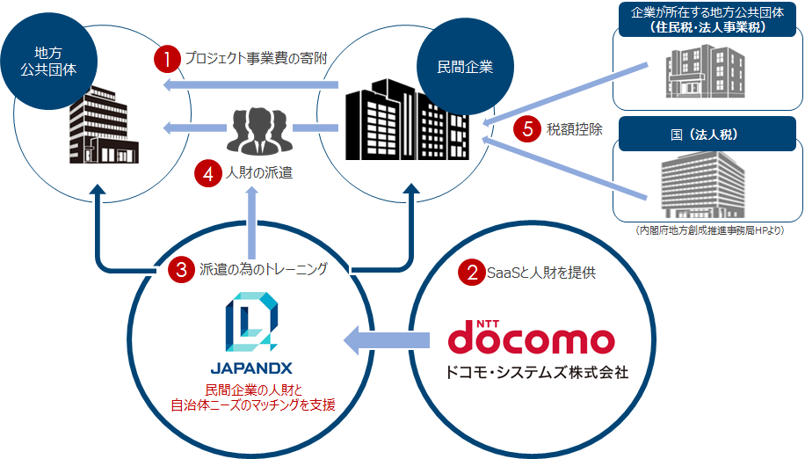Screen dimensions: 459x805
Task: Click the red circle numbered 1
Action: (165, 59)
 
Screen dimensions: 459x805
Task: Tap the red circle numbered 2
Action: (473, 272)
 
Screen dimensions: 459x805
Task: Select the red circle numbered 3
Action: (181, 270)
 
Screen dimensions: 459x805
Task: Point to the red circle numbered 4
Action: (207, 174)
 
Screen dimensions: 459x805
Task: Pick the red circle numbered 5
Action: (527, 129)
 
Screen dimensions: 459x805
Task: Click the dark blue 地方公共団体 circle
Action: (49, 59)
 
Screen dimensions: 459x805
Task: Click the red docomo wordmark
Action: (530, 339)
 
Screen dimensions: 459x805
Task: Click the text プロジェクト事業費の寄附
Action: (256, 59)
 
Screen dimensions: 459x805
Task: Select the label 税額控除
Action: (575, 129)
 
